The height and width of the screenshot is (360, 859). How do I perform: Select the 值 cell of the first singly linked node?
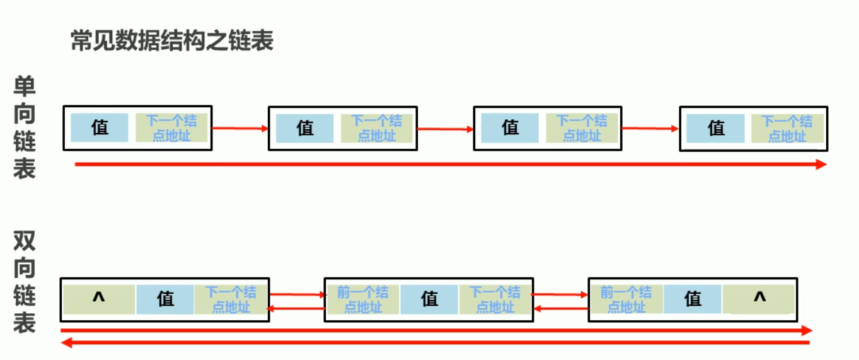(x=100, y=127)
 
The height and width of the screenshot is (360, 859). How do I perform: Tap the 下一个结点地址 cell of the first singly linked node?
(x=171, y=128)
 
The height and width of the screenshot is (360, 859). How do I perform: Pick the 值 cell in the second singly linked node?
(x=305, y=128)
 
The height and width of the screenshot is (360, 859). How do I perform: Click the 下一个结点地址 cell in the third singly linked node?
(x=582, y=128)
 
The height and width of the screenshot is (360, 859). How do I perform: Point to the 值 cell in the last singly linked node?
(x=716, y=128)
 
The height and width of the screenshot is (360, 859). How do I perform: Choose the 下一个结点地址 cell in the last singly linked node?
(x=787, y=128)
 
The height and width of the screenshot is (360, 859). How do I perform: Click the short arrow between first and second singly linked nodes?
(x=240, y=129)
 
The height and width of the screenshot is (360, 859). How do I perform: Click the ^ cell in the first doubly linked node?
(x=98, y=299)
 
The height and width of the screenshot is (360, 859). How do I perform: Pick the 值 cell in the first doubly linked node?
(x=165, y=299)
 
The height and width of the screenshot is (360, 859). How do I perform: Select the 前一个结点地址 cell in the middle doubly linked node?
(x=362, y=299)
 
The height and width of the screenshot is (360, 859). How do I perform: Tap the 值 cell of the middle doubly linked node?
(x=429, y=299)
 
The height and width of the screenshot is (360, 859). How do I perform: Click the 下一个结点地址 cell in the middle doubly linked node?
(x=495, y=299)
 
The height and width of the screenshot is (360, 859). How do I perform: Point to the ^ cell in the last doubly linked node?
(x=759, y=298)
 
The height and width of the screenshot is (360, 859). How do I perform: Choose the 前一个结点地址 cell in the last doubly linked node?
(x=626, y=299)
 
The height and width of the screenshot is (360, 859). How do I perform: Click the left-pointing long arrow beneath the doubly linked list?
(x=435, y=342)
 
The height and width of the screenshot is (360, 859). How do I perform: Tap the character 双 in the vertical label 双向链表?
(x=25, y=242)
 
